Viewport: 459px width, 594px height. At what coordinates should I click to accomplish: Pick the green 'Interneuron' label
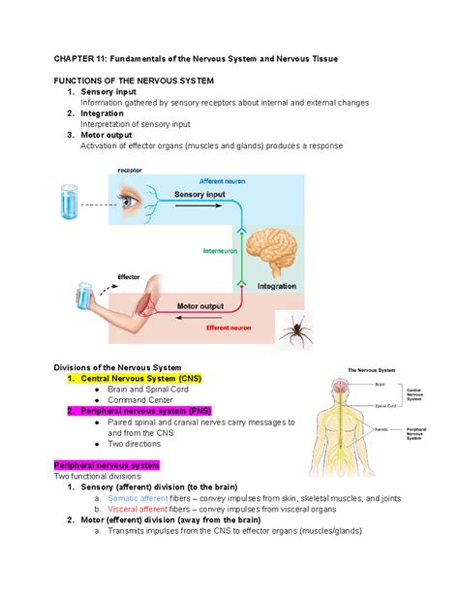pyautogui.click(x=219, y=249)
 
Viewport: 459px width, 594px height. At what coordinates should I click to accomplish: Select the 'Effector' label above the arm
pyautogui.click(x=129, y=276)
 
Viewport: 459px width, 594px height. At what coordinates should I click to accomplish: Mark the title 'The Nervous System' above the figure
pyautogui.click(x=372, y=370)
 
